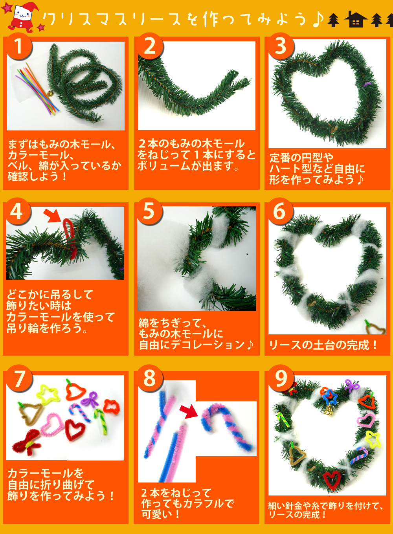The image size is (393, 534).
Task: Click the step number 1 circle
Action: click(18, 46)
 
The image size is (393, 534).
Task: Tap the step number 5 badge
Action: click(149, 211)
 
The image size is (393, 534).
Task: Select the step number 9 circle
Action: click(281, 378)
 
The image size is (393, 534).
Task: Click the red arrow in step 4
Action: click(53, 215)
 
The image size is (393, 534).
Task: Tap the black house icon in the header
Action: click(356, 19)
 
